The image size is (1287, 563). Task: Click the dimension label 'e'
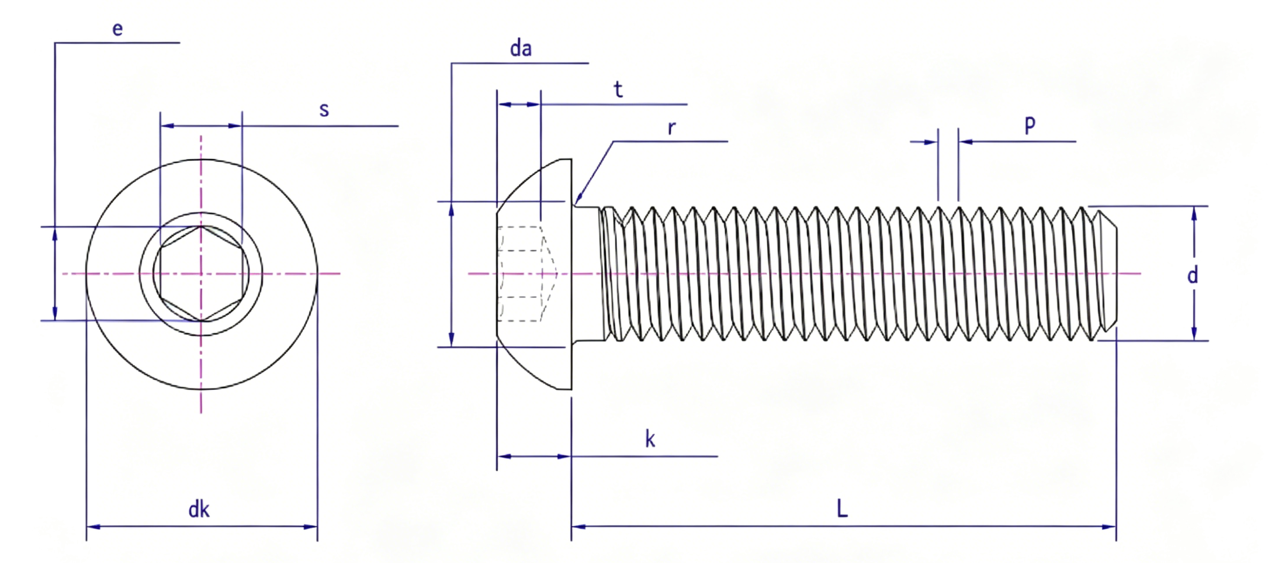117,29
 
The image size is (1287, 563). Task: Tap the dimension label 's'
324,110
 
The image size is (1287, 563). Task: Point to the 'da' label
521,48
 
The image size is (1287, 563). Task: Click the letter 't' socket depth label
618,89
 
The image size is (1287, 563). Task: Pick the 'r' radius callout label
672,128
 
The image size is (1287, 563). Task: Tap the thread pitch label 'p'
1030,124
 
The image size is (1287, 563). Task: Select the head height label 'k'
650,439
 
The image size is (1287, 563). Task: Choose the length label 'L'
842,509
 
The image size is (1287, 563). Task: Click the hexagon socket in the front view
201,273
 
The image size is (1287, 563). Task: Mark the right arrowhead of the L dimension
1109,526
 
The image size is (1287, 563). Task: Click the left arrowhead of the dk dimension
94,526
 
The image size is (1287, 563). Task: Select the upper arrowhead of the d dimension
1194,214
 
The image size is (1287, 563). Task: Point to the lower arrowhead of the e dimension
55,313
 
